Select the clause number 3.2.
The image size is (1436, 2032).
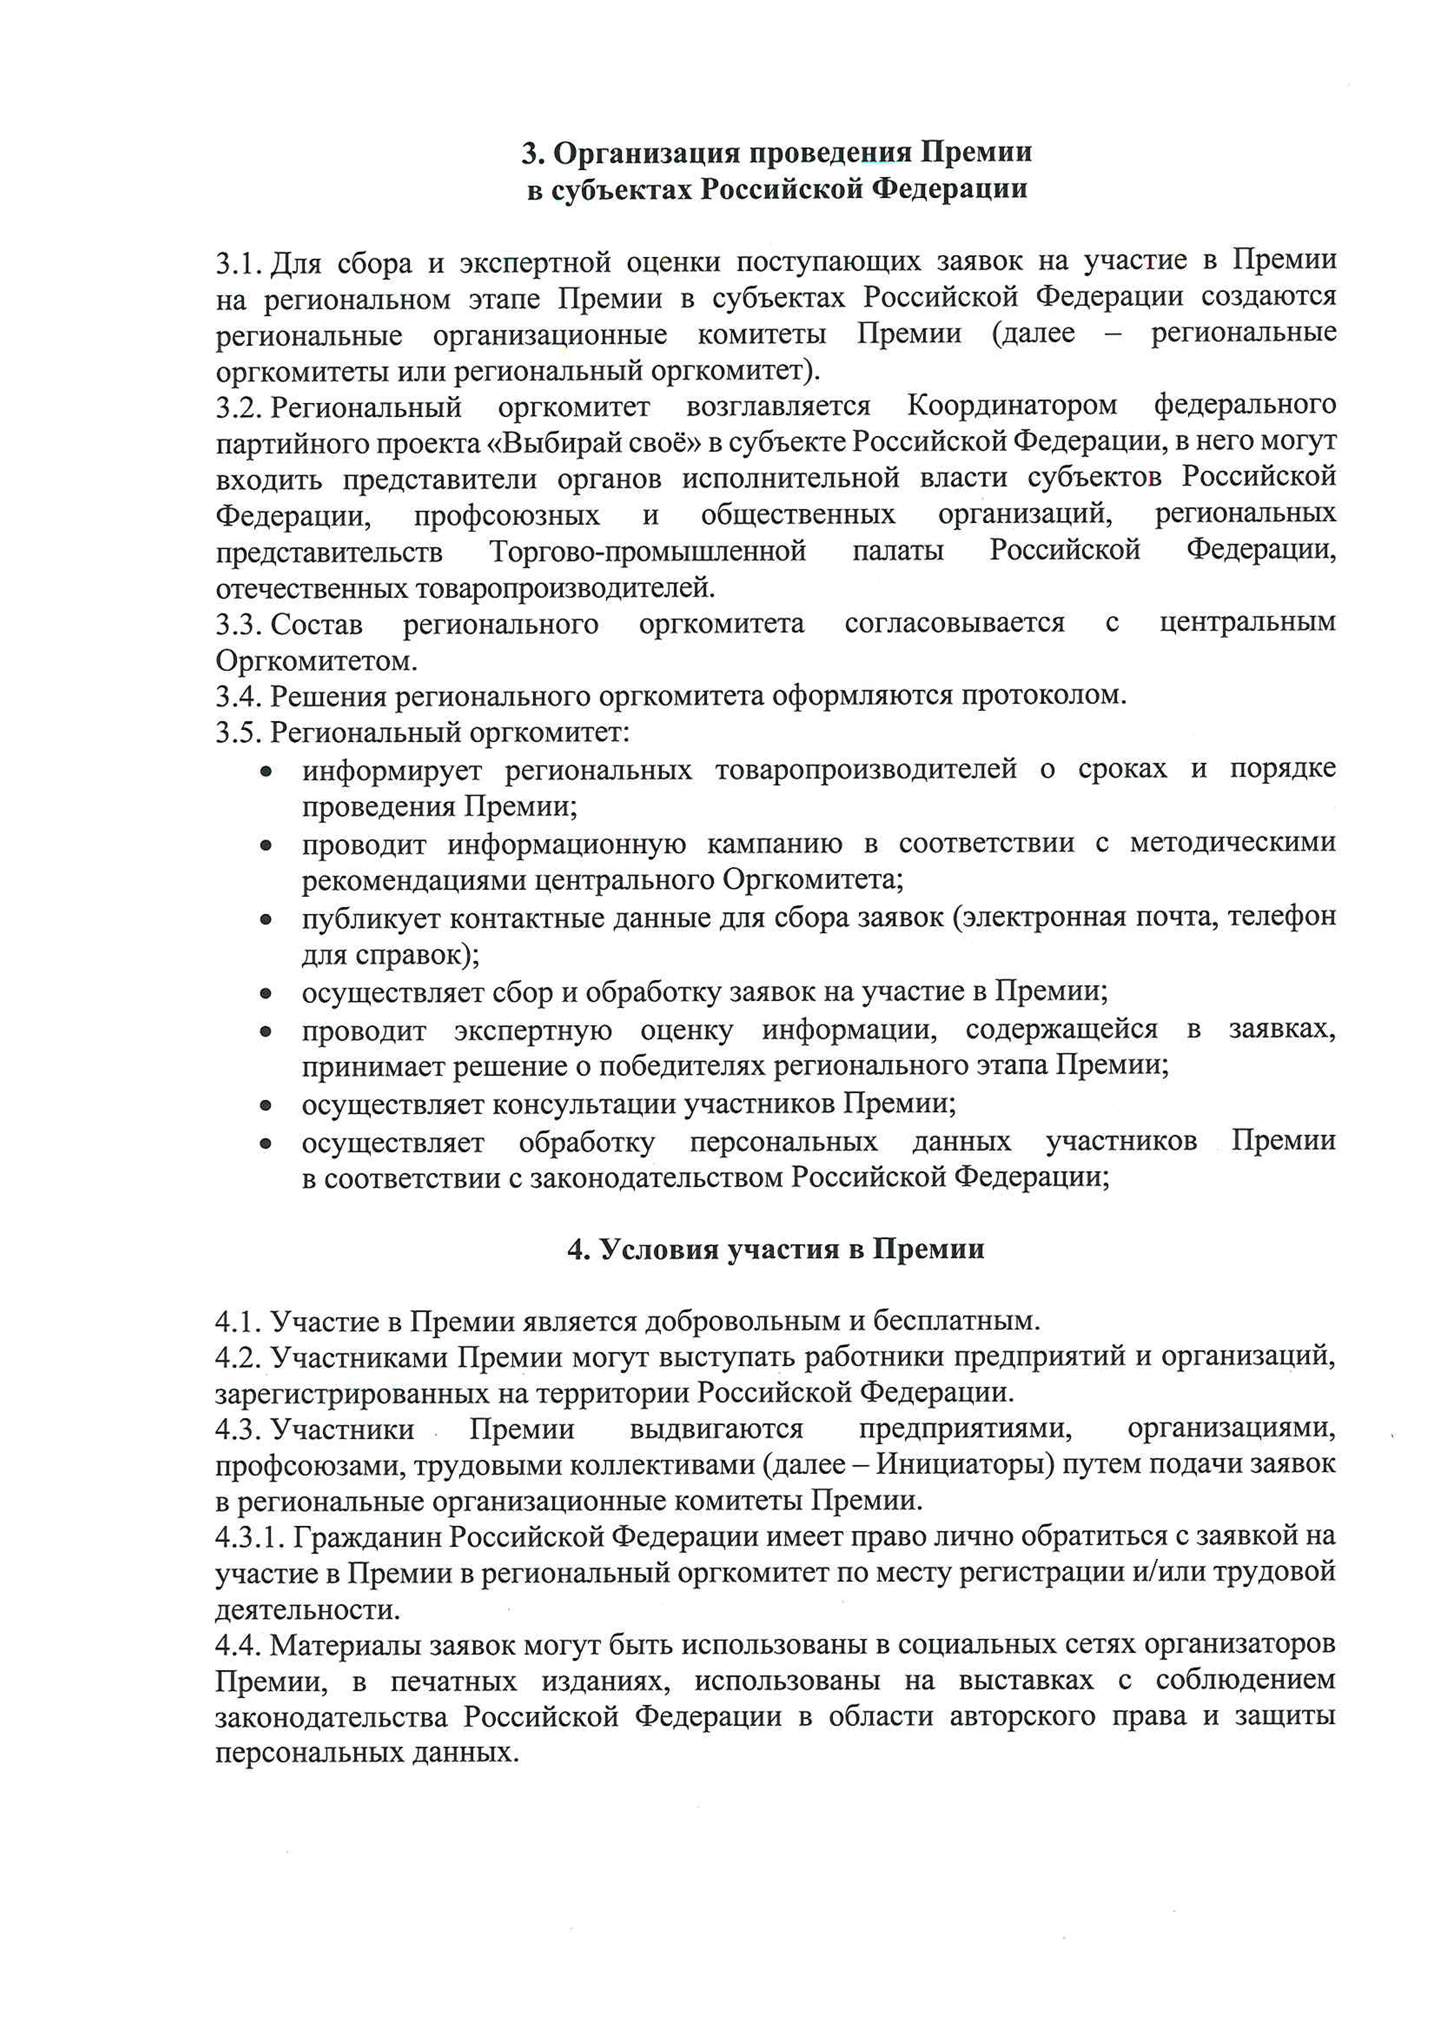click(x=239, y=407)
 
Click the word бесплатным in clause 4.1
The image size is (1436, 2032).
click(x=956, y=1321)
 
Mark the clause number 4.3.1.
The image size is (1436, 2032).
click(x=249, y=1537)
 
